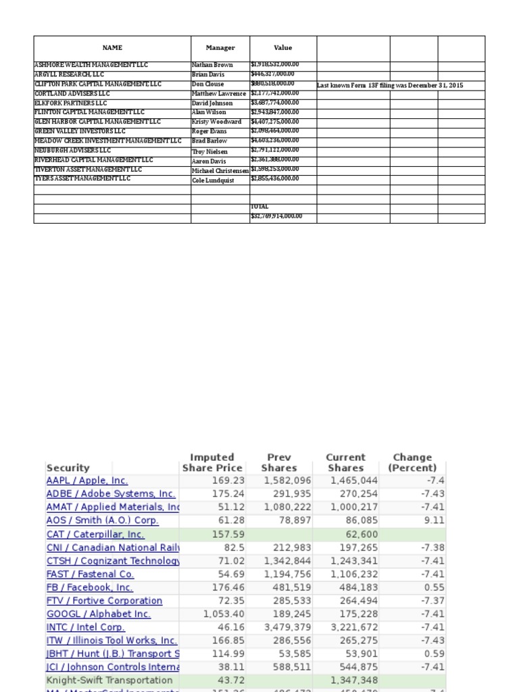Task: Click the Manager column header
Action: click(x=220, y=48)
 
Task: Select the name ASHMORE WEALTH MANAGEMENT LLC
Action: click(x=91, y=65)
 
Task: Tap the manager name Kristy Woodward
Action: click(x=216, y=122)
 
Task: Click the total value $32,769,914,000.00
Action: click(x=276, y=216)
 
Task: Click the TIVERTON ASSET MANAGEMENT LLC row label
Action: click(x=89, y=170)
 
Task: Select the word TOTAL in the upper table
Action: click(x=259, y=207)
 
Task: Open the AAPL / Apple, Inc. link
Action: click(x=86, y=480)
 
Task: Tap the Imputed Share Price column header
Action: click(x=212, y=462)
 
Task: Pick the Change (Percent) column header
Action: click(x=412, y=462)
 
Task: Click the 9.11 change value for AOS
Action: click(x=433, y=520)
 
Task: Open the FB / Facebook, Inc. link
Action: click(x=90, y=587)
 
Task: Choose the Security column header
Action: click(x=68, y=468)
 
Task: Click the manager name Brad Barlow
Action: click(x=209, y=141)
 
